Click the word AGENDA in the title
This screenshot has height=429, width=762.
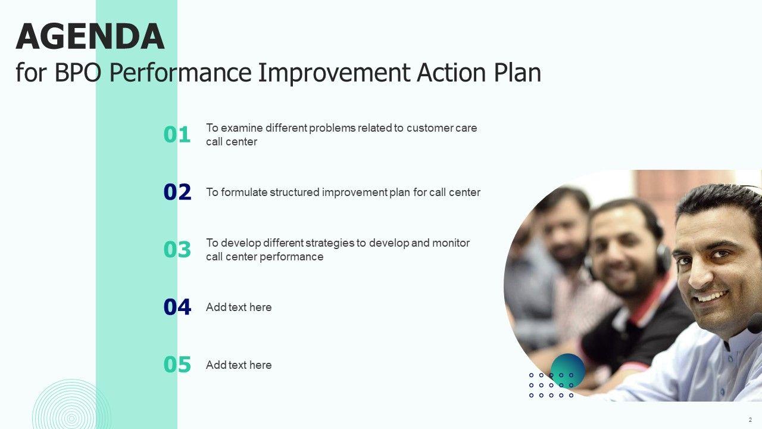[90, 36]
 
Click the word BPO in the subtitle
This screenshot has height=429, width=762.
[78, 72]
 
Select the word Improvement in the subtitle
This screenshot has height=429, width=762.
[334, 72]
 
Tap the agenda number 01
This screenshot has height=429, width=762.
[177, 135]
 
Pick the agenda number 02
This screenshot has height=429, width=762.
[177, 192]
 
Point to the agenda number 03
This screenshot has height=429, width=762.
[177, 250]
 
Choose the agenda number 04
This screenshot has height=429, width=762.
[177, 307]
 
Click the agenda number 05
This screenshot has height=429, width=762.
[177, 365]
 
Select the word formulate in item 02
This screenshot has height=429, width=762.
[244, 192]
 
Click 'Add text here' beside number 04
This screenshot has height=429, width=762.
[239, 307]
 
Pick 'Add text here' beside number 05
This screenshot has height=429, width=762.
[239, 365]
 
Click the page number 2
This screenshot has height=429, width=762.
[750, 420]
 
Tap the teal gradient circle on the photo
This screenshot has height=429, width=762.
[568, 371]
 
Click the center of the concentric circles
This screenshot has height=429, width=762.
[71, 418]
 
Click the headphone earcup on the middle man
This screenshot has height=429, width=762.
[663, 259]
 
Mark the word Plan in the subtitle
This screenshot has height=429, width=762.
[517, 72]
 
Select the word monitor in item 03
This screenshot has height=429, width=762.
[451, 243]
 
